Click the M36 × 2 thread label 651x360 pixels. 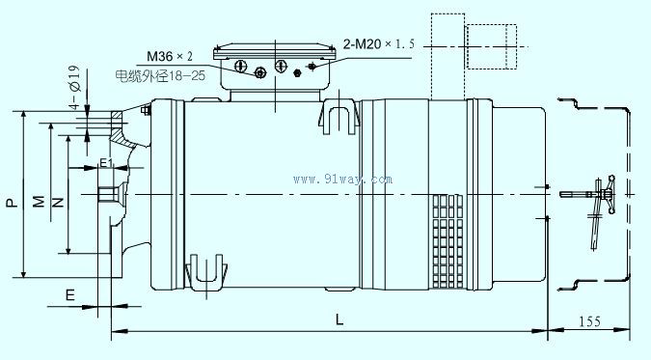click(x=170, y=56)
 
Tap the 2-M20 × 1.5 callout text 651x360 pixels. click(x=379, y=43)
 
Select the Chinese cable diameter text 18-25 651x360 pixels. click(x=160, y=75)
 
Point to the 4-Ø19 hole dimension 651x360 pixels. click(x=74, y=87)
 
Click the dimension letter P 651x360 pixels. click(x=13, y=203)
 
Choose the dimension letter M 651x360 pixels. click(x=39, y=201)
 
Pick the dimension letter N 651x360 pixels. click(x=58, y=203)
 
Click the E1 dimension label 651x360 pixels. click(x=106, y=162)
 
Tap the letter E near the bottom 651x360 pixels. click(x=70, y=295)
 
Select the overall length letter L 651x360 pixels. click(x=339, y=319)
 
